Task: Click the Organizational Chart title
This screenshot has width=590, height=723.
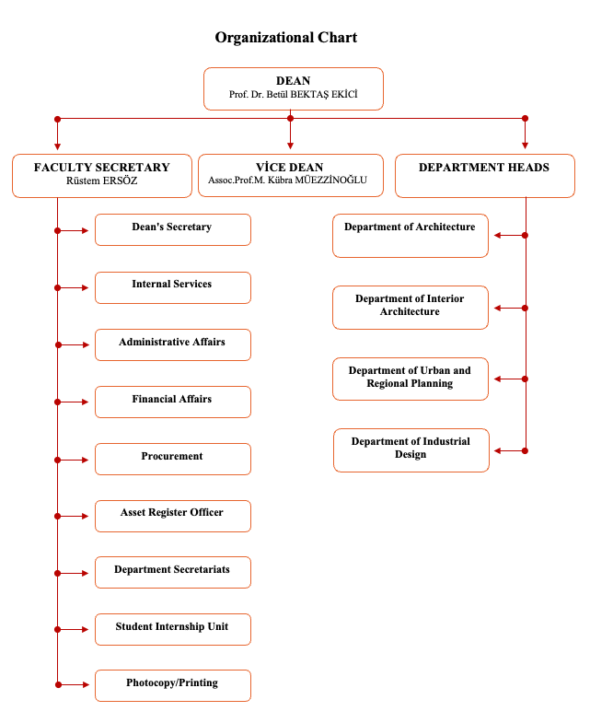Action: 285,38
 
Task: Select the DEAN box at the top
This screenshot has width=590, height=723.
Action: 293,89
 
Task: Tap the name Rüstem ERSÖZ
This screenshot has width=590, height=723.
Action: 102,181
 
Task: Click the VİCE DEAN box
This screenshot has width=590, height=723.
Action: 290,175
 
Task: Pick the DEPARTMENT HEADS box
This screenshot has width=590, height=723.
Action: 485,176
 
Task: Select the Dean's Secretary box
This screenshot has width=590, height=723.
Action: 173,229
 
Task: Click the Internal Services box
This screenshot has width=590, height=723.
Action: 173,287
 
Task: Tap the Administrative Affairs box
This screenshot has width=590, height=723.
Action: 173,344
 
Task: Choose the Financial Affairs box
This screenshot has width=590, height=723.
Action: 173,402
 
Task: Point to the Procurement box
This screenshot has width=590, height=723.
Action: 173,460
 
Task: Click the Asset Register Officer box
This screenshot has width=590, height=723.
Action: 173,516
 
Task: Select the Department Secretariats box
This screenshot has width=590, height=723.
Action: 173,573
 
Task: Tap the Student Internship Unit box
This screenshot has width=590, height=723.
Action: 173,629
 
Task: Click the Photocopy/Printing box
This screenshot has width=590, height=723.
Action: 173,685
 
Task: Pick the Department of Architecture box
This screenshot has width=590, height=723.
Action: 411,236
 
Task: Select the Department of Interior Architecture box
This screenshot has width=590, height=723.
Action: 411,308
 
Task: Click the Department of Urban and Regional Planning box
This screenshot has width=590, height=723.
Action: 411,379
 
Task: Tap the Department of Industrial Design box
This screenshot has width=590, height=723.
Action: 411,450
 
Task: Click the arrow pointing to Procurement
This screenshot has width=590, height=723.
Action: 72,461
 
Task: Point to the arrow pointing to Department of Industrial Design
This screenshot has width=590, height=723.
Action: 511,451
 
